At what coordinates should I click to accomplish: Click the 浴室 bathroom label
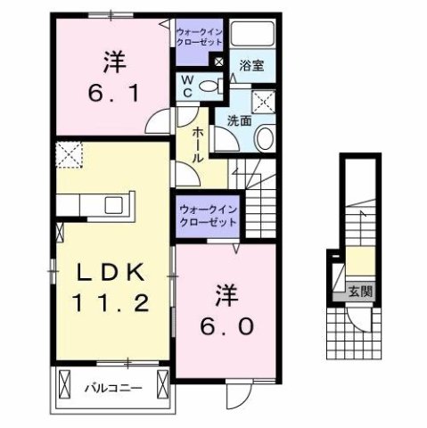250,65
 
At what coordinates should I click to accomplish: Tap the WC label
187,86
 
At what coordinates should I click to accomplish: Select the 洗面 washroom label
237,120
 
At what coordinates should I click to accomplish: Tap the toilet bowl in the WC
209,86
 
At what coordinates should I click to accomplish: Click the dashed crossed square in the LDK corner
68,157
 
